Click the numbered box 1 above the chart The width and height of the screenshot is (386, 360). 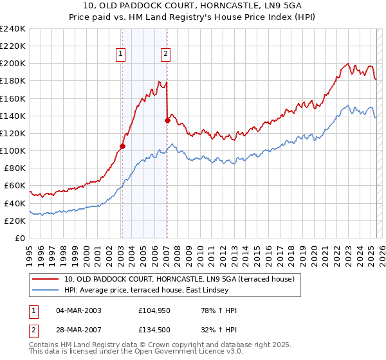(122, 55)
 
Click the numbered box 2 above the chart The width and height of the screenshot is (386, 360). (166, 55)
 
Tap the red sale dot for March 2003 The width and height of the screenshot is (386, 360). (122, 146)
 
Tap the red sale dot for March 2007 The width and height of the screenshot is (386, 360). (167, 120)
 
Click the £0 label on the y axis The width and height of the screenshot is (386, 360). (19, 238)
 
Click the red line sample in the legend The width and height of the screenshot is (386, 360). (46, 279)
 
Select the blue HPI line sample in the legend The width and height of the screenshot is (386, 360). (46, 290)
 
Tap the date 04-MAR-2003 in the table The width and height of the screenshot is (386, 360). (78, 310)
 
